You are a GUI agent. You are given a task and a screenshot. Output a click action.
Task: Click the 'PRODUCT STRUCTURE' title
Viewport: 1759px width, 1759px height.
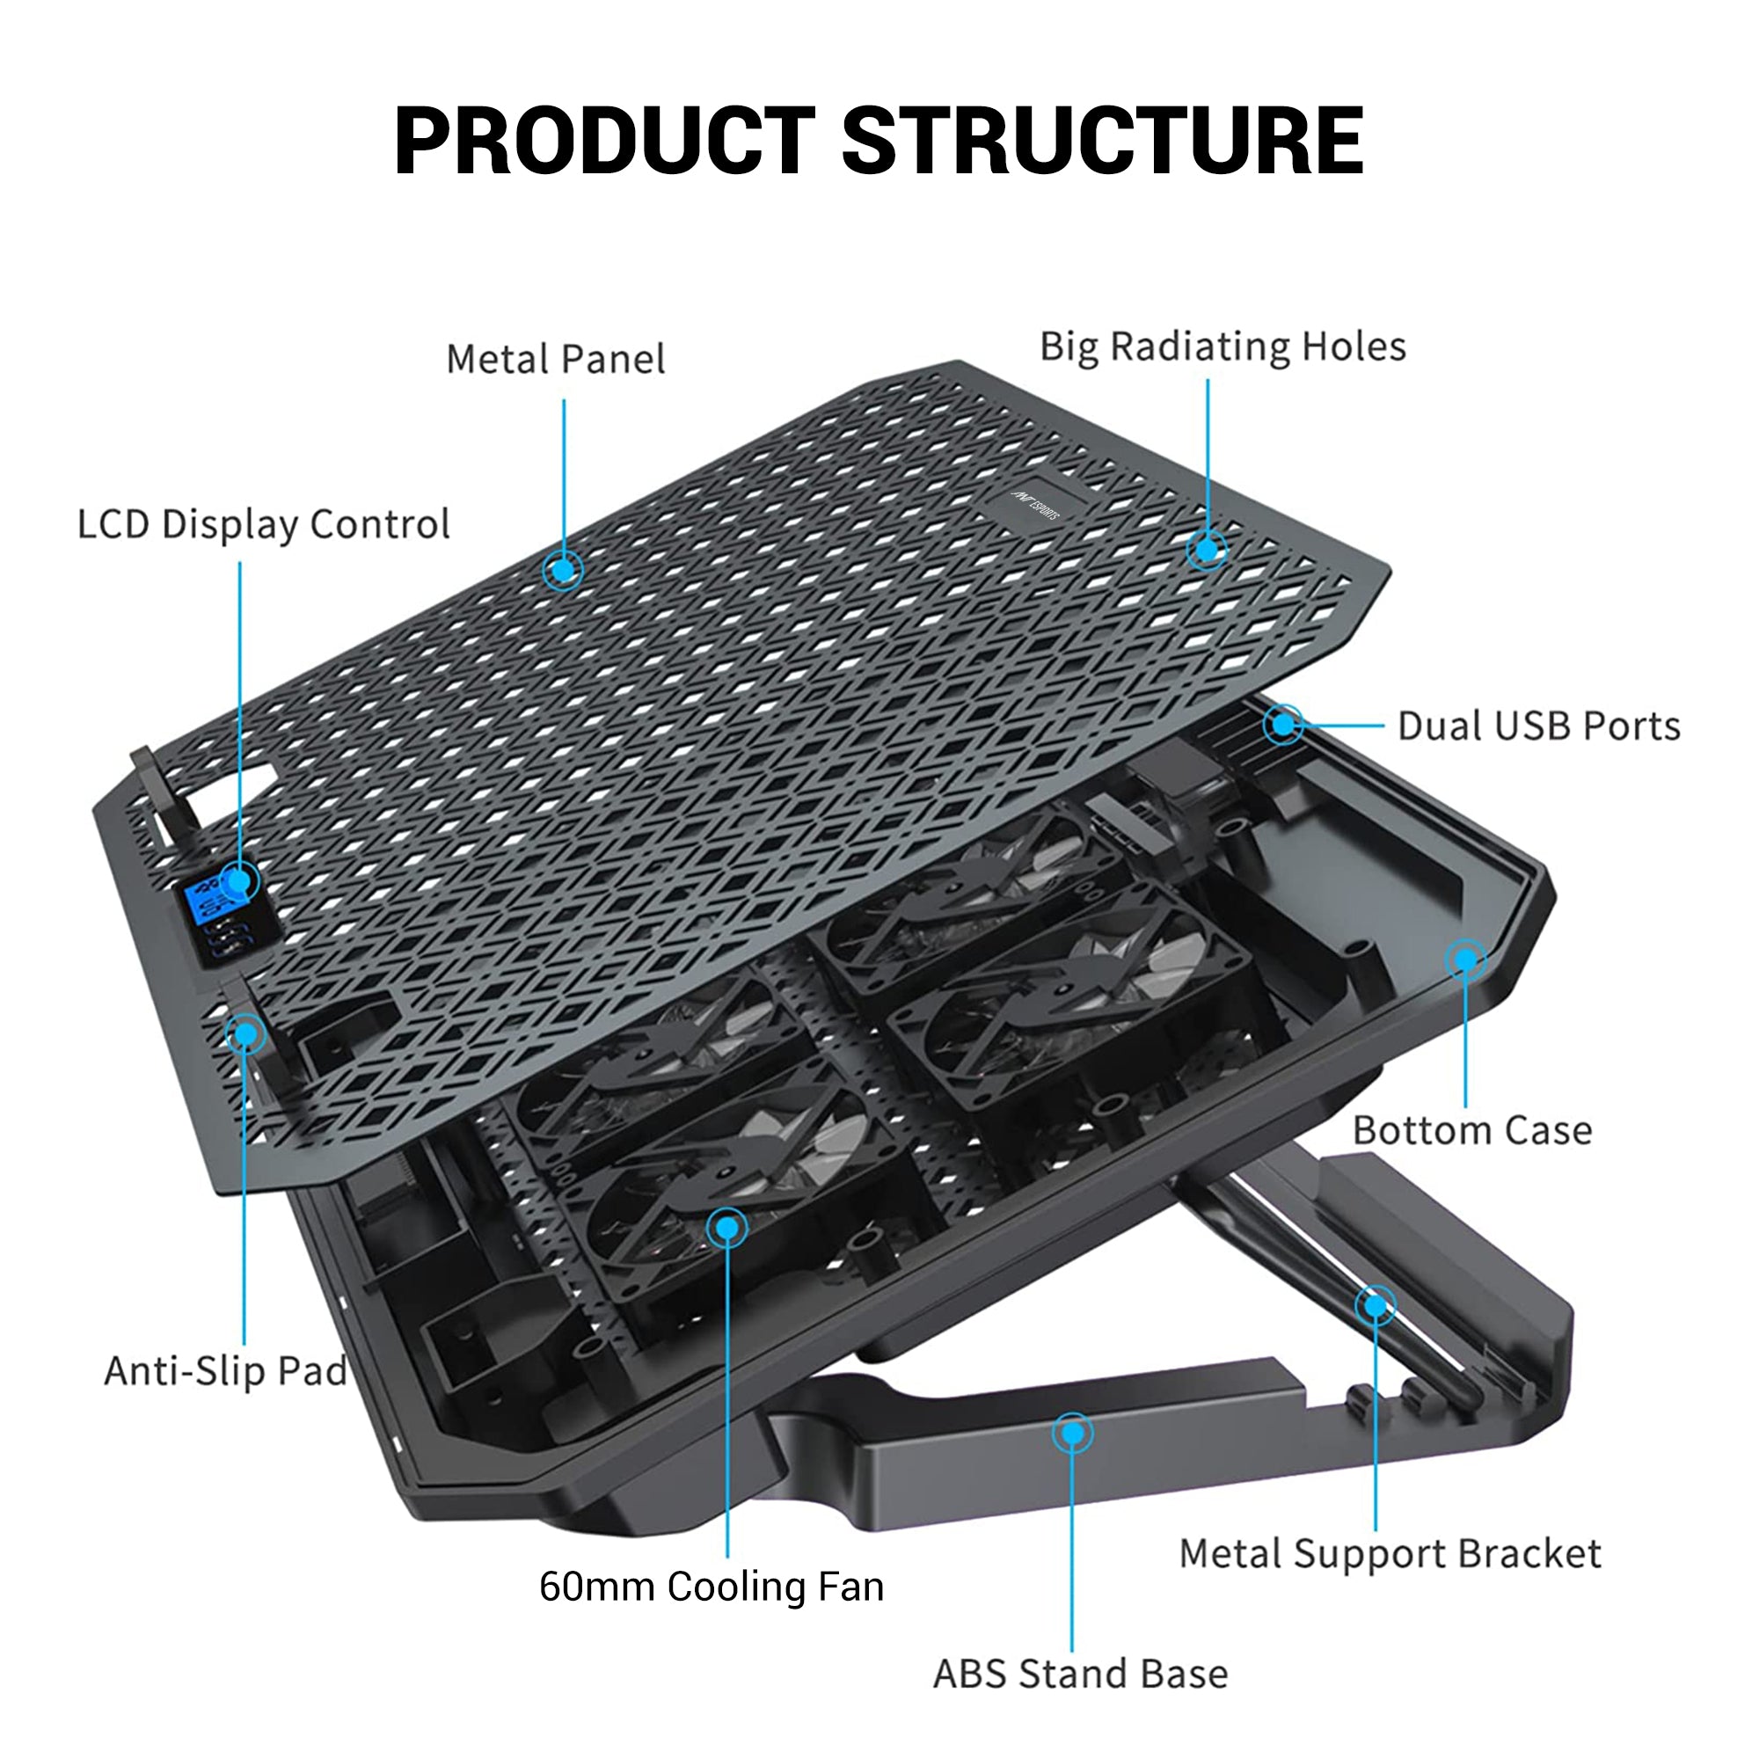click(x=879, y=141)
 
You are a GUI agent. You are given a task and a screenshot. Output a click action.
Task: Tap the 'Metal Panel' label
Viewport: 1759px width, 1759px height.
click(x=555, y=360)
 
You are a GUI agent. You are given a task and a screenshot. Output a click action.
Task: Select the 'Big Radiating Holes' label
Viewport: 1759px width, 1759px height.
click(x=1223, y=347)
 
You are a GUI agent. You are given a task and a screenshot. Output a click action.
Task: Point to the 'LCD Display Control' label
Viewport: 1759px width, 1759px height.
click(x=263, y=524)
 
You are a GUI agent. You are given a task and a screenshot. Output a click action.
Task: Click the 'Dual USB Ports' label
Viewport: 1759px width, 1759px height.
click(x=1538, y=726)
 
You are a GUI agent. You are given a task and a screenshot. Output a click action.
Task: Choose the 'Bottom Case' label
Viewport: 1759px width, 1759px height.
click(x=1472, y=1131)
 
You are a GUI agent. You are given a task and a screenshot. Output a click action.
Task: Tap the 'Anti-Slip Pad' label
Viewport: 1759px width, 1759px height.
click(x=226, y=1371)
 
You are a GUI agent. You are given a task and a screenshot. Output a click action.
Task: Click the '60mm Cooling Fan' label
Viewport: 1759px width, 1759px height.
click(x=711, y=1587)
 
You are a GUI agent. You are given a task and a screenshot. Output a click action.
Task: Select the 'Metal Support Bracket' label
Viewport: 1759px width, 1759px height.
click(x=1390, y=1554)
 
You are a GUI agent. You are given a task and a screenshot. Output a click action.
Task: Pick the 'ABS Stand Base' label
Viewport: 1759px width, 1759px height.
click(x=1081, y=1675)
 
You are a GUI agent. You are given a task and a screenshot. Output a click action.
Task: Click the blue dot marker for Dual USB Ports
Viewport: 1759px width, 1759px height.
click(x=1284, y=725)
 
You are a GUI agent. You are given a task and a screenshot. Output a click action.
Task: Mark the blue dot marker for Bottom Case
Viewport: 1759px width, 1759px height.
click(x=1465, y=960)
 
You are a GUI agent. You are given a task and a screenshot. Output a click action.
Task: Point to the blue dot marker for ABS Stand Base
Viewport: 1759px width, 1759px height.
click(x=1072, y=1433)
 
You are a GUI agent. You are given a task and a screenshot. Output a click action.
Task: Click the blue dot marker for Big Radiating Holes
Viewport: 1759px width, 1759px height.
click(x=1207, y=549)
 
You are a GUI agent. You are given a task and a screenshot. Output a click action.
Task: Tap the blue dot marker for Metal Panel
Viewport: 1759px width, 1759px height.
click(x=564, y=570)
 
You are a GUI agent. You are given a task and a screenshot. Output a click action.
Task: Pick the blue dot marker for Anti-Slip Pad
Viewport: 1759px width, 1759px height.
click(x=245, y=1033)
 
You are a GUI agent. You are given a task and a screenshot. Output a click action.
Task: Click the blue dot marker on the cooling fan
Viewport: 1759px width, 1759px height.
click(x=726, y=1228)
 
